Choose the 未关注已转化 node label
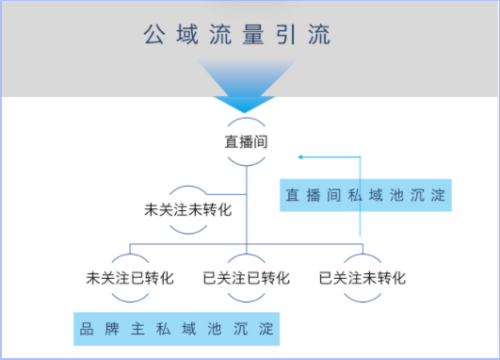tap(130, 278)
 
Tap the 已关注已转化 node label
tap(246, 278)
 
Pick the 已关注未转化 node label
tap(363, 278)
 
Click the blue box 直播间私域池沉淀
tap(366, 196)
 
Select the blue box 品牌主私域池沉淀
tap(177, 330)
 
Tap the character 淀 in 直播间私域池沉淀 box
tap(437, 196)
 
